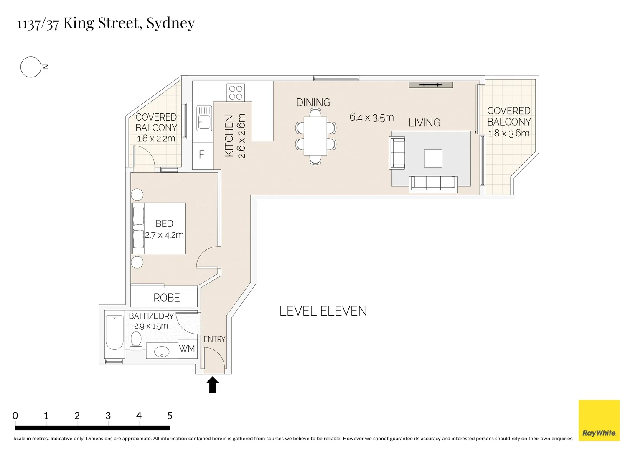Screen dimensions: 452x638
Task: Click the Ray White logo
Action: (599, 420)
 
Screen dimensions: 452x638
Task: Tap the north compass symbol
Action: (31, 67)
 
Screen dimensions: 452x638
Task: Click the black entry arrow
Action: (213, 385)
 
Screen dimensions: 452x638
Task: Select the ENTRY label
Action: (214, 339)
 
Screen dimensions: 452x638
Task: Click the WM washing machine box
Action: (187, 349)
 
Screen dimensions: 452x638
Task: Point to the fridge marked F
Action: (202, 155)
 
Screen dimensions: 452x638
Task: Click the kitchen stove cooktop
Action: (236, 92)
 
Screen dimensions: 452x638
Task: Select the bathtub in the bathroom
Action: (114, 333)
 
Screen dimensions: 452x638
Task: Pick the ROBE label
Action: (166, 298)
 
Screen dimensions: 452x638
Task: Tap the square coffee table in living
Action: (433, 159)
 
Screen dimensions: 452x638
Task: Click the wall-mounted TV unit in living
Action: (431, 85)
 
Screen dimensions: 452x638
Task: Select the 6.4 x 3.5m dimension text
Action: (371, 117)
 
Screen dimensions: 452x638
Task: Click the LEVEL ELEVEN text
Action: (323, 311)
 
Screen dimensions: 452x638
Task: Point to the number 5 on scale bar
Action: (170, 416)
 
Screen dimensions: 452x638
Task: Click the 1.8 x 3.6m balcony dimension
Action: (508, 134)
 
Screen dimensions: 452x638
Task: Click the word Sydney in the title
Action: (170, 23)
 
